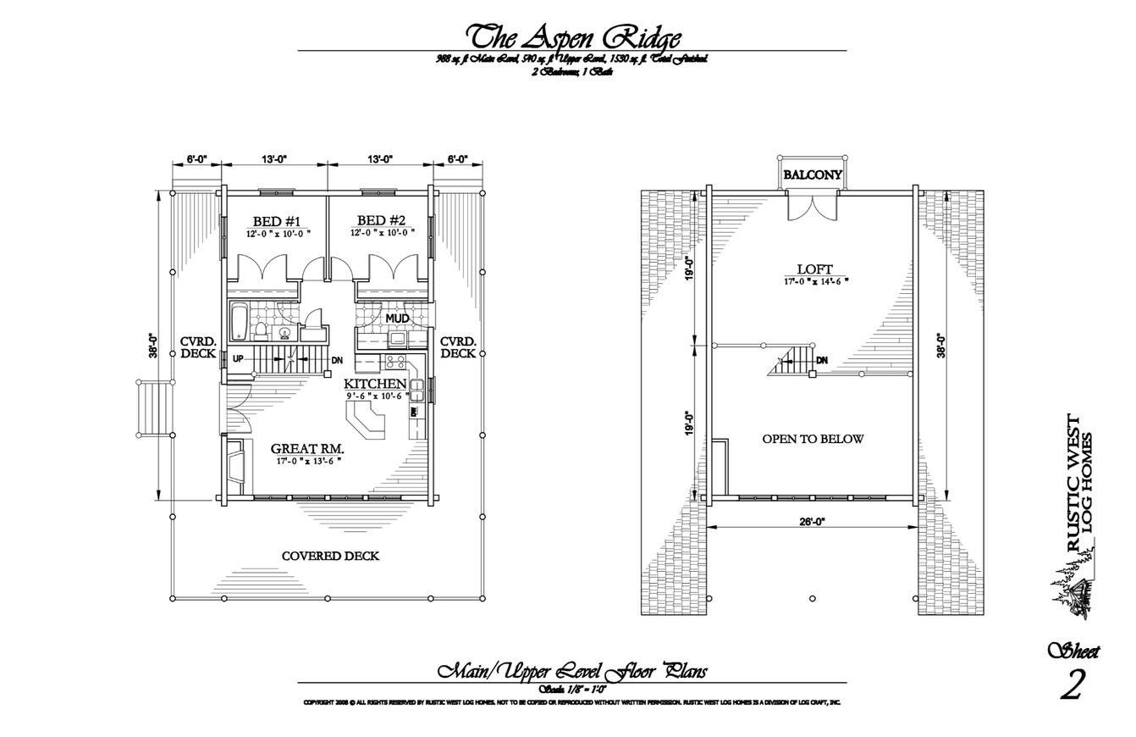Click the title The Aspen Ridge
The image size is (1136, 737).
573,37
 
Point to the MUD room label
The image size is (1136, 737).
397,319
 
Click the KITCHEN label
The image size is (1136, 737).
375,384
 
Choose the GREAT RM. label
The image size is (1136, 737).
307,449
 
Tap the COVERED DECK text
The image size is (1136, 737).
330,557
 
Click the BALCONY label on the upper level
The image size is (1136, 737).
813,175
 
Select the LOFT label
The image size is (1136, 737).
814,270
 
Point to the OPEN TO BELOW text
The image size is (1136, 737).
813,439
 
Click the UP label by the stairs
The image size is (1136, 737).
239,359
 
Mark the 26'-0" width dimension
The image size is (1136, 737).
812,522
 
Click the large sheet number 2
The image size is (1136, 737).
1072,684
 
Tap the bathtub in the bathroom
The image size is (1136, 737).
238,322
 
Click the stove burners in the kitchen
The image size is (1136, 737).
395,362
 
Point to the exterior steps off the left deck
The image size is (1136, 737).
153,408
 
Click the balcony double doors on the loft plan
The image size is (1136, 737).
813,206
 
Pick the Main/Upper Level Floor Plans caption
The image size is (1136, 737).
572,672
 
